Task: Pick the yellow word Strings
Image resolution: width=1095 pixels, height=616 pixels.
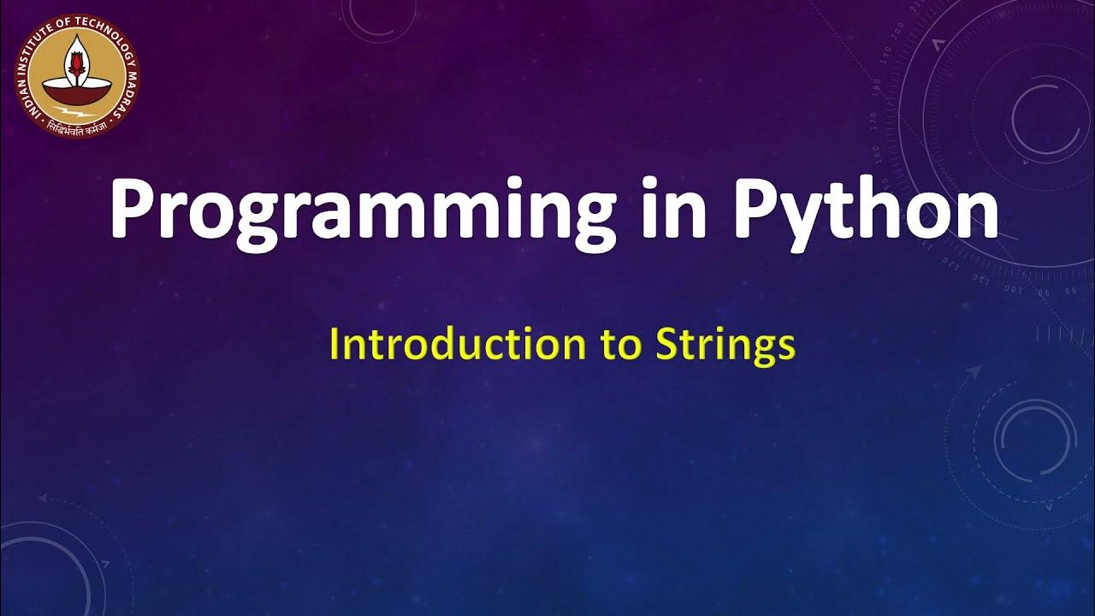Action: coord(725,346)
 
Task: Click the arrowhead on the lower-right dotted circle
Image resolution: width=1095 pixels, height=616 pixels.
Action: coord(974,371)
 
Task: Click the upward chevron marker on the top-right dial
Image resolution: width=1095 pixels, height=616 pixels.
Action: coord(938,41)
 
